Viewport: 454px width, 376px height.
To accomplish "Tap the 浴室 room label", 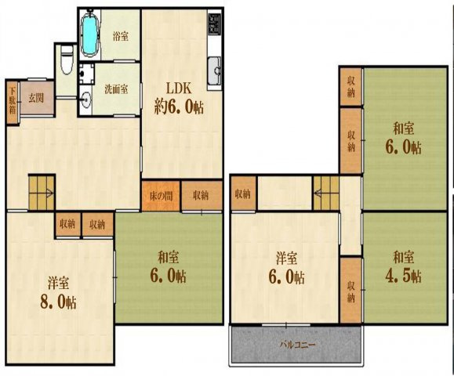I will coord(120,36).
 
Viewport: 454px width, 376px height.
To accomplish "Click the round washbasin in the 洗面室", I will coord(86,99).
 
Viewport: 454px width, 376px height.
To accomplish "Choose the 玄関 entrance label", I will coord(36,98).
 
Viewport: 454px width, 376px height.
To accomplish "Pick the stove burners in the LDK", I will coord(214,27).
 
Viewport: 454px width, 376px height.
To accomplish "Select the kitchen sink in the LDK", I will coord(213,72).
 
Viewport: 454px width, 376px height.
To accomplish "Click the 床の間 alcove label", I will coord(161,195).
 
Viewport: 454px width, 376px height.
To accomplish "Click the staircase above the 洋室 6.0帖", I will coord(325,190).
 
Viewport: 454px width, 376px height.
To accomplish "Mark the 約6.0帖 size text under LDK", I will coord(179,107).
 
